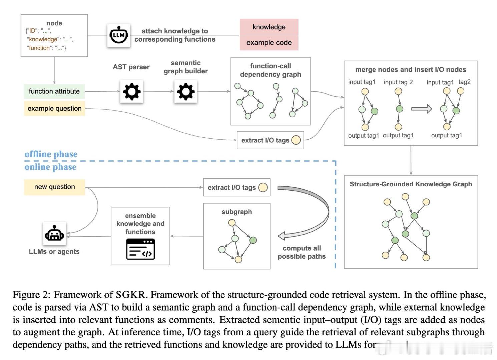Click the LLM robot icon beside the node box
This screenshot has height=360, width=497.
pyautogui.click(x=119, y=35)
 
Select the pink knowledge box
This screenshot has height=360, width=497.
pyautogui.click(x=269, y=27)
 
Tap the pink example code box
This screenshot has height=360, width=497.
pyautogui.click(x=269, y=43)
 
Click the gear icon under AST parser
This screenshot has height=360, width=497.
pyautogui.click(x=131, y=91)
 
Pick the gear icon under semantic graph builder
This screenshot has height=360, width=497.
pyautogui.click(x=185, y=91)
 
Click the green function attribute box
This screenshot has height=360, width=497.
pyautogui.click(x=54, y=91)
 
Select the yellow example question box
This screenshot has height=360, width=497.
pyautogui.click(x=54, y=108)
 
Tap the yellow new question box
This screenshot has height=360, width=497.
pyautogui.click(x=54, y=187)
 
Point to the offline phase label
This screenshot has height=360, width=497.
pyautogui.click(x=51, y=154)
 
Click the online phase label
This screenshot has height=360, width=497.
pyautogui.click(x=50, y=167)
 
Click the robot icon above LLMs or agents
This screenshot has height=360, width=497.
pyautogui.click(x=54, y=233)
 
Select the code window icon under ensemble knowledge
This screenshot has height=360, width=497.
pyautogui.click(x=140, y=249)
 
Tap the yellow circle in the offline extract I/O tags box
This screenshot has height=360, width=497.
pyautogui.click(x=296, y=140)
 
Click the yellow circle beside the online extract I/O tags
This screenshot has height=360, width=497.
pyautogui.click(x=263, y=187)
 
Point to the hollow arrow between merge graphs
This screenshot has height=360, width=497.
pyautogui.click(x=421, y=109)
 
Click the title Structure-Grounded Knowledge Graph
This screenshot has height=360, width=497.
pyautogui.click(x=411, y=184)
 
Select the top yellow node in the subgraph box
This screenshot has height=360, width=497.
pyautogui.click(x=231, y=223)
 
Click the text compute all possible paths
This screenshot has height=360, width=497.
pyautogui.click(x=302, y=252)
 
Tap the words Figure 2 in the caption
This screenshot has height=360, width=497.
pyautogui.click(x=31, y=295)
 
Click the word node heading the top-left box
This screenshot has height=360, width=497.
pyautogui.click(x=54, y=23)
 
